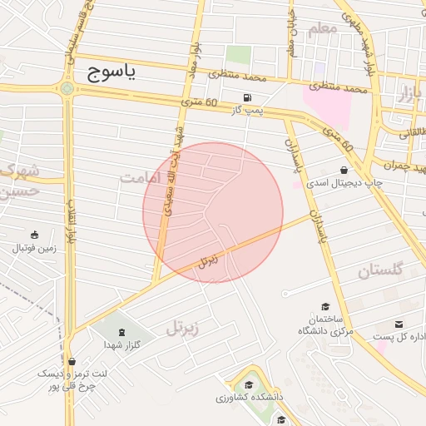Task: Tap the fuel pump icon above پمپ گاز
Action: (246, 97)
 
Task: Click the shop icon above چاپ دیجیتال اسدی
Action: (344, 170)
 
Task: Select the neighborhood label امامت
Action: (138, 177)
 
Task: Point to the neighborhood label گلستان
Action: (379, 270)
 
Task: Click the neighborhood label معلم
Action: (324, 31)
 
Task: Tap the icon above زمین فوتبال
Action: (34, 235)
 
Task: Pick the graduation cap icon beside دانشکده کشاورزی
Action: (249, 384)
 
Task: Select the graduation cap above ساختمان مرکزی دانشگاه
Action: (325, 306)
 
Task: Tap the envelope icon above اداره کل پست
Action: (399, 324)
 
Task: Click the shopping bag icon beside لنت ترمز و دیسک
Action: (73, 362)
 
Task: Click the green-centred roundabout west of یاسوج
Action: (67, 87)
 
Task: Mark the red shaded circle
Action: (213, 211)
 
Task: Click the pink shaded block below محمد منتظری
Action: (326, 105)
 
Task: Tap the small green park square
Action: (239, 55)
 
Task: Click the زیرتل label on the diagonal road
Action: (208, 260)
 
